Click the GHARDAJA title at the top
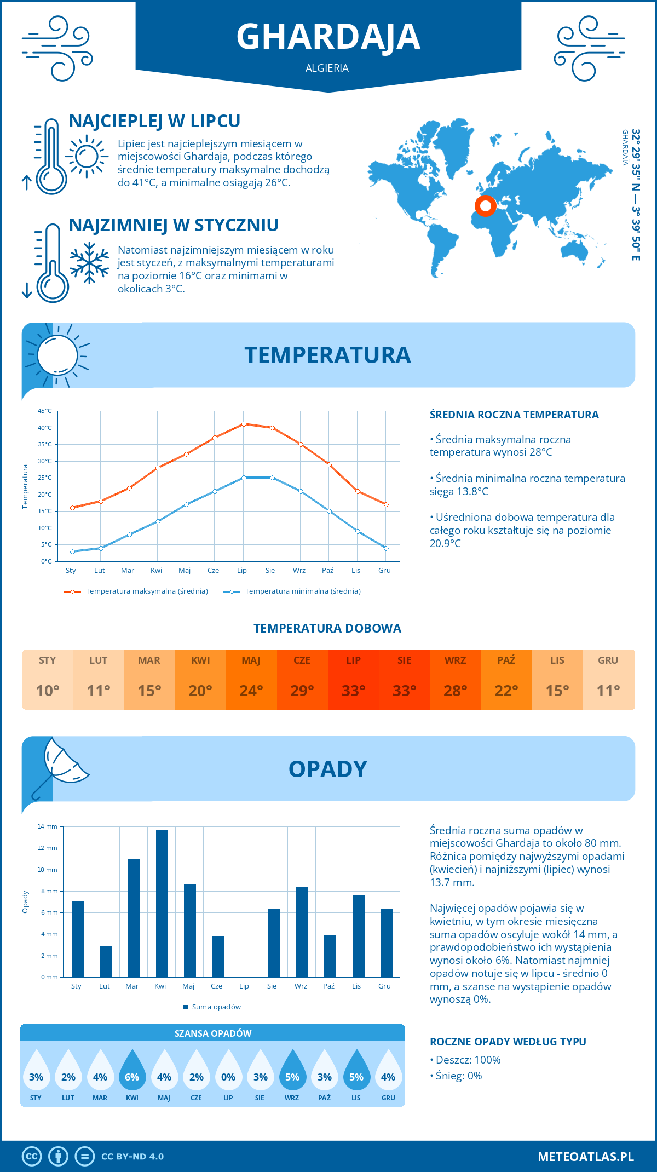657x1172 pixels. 328,37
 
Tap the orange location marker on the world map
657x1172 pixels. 485,205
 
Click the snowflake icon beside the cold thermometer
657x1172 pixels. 89,263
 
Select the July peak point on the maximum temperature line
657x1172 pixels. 244,424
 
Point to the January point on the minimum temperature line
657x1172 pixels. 72,551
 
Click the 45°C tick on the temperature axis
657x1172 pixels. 45,411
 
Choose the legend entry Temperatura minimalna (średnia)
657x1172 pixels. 302,591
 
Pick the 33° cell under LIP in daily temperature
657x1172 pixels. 353,691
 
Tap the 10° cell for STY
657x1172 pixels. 48,691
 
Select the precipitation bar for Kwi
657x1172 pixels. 162,903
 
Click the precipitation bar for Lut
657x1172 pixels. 106,961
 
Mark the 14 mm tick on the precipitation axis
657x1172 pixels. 48,826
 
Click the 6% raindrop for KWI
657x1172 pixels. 132,1073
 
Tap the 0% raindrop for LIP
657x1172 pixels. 228,1073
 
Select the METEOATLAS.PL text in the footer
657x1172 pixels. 585,1157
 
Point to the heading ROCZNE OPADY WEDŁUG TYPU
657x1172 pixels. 508,1042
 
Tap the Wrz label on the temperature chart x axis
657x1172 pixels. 299,571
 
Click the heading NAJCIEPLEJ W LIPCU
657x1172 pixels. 154,121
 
